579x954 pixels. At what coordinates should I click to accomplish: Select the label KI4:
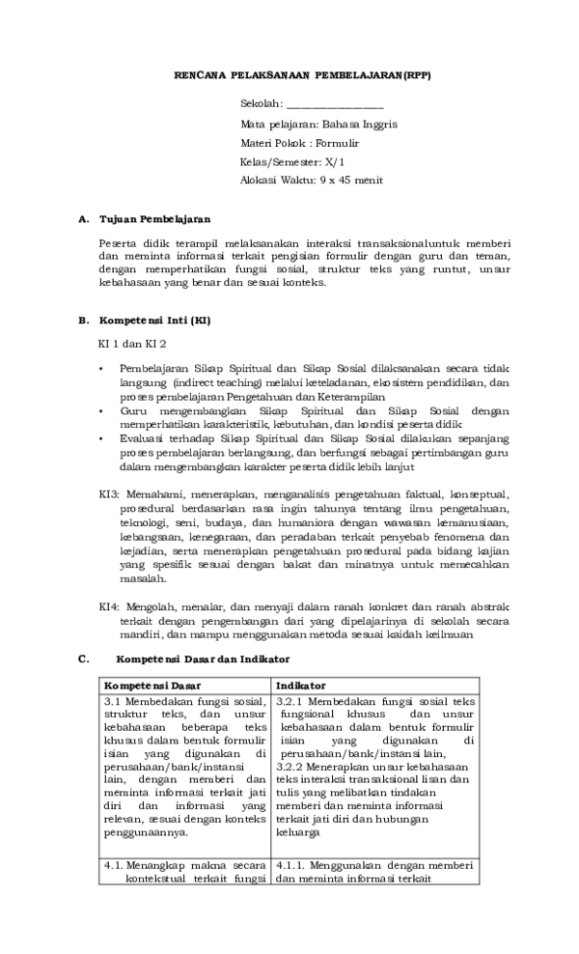[109, 606]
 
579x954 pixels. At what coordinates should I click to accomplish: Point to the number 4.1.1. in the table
[293, 866]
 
